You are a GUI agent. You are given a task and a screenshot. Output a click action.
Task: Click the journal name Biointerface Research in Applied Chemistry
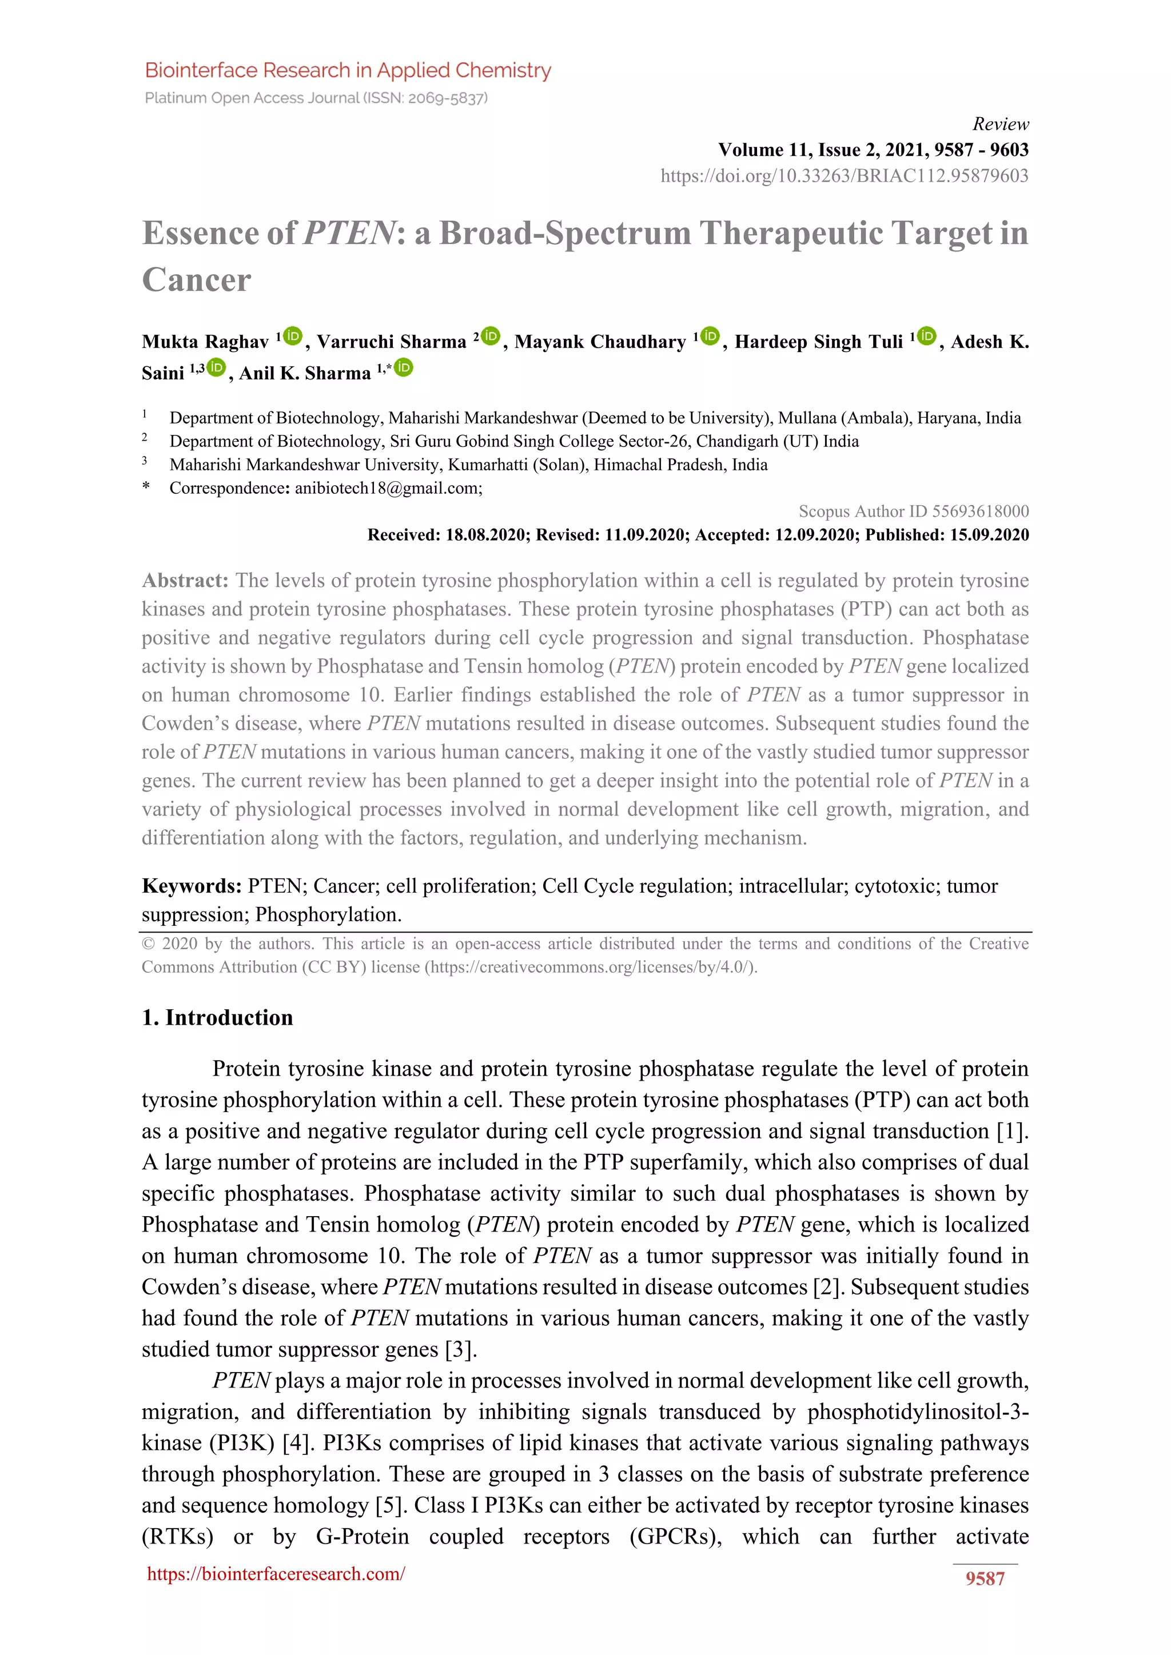click(x=348, y=71)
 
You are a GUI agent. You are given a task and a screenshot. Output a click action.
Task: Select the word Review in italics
click(x=1000, y=124)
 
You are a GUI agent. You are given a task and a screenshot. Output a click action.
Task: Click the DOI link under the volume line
click(x=845, y=176)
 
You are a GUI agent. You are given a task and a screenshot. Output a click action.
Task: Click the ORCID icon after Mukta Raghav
click(x=293, y=336)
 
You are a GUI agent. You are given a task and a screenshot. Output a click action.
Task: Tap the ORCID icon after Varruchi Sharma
click(x=491, y=336)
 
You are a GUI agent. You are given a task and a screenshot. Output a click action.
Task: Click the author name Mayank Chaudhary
click(x=600, y=342)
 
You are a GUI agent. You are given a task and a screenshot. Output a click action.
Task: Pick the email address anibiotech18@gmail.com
click(x=387, y=488)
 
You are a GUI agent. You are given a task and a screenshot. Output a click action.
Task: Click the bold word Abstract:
click(x=185, y=580)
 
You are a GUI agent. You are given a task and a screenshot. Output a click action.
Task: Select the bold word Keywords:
click(x=191, y=886)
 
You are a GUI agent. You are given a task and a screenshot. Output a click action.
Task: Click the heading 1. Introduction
click(x=217, y=1017)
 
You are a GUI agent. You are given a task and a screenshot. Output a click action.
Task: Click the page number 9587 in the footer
click(x=985, y=1578)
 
